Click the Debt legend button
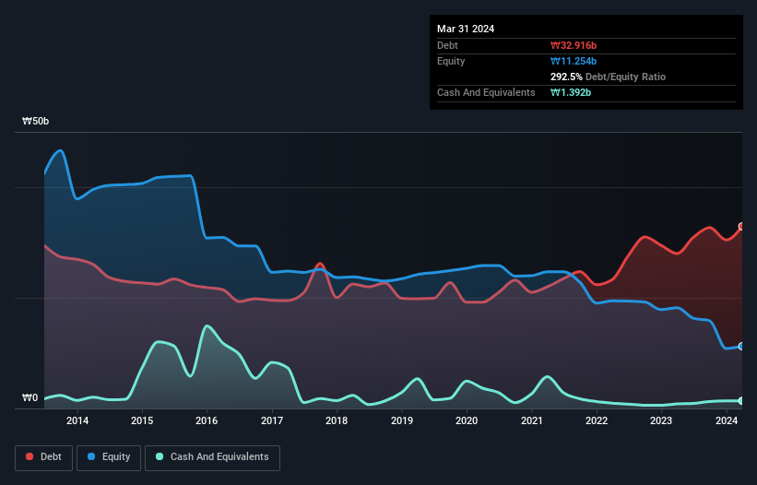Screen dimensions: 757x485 (43, 457)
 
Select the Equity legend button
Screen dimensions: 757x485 (109, 457)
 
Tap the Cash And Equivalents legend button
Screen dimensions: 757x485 (212, 457)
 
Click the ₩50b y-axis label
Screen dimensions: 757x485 (36, 121)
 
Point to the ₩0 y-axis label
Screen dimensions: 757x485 (30, 397)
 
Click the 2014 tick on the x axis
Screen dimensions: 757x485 (77, 420)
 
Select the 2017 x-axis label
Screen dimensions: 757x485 (272, 420)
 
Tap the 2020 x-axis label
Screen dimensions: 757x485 (467, 420)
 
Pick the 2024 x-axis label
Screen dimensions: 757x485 (726, 420)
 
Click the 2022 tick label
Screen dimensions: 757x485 (597, 420)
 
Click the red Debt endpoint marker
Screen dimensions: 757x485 (742, 226)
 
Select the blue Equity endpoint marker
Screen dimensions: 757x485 (742, 346)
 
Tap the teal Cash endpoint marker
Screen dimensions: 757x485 (742, 400)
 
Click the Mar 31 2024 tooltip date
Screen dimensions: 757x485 (466, 29)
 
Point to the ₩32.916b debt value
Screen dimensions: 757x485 (574, 45)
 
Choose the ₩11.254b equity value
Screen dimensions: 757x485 (574, 61)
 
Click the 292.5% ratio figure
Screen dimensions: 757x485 (566, 77)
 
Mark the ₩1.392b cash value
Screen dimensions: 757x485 (571, 92)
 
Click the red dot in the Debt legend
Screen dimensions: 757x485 (30, 456)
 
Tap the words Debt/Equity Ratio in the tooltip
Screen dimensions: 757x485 (626, 77)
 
